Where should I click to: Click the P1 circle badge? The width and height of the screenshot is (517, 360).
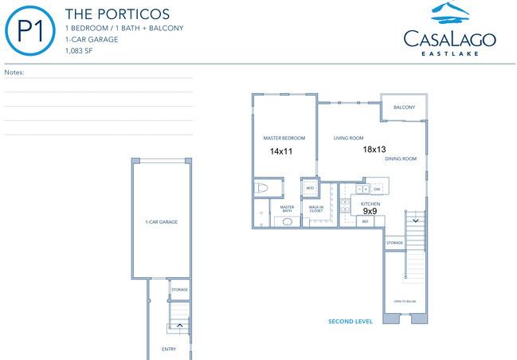29,30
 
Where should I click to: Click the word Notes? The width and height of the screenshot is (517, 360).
14,72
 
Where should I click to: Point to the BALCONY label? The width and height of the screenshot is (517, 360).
404,108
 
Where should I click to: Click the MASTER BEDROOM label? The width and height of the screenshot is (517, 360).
284,138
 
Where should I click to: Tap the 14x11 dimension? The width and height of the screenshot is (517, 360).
283,151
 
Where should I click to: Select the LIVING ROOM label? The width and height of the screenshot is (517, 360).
348,138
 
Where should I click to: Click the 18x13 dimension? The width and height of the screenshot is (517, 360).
374,149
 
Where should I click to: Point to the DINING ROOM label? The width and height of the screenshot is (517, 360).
401,158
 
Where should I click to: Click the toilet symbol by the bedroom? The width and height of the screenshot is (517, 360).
263,189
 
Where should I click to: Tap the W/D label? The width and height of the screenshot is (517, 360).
309,189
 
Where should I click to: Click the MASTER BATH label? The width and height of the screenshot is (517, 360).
287,209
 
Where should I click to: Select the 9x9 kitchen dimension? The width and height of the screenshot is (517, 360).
370,212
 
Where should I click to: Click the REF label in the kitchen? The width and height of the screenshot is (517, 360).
366,221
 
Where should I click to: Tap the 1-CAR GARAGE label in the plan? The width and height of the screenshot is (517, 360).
161,221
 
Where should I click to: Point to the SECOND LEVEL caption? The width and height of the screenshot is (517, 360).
351,321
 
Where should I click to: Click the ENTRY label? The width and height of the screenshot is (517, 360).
169,349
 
